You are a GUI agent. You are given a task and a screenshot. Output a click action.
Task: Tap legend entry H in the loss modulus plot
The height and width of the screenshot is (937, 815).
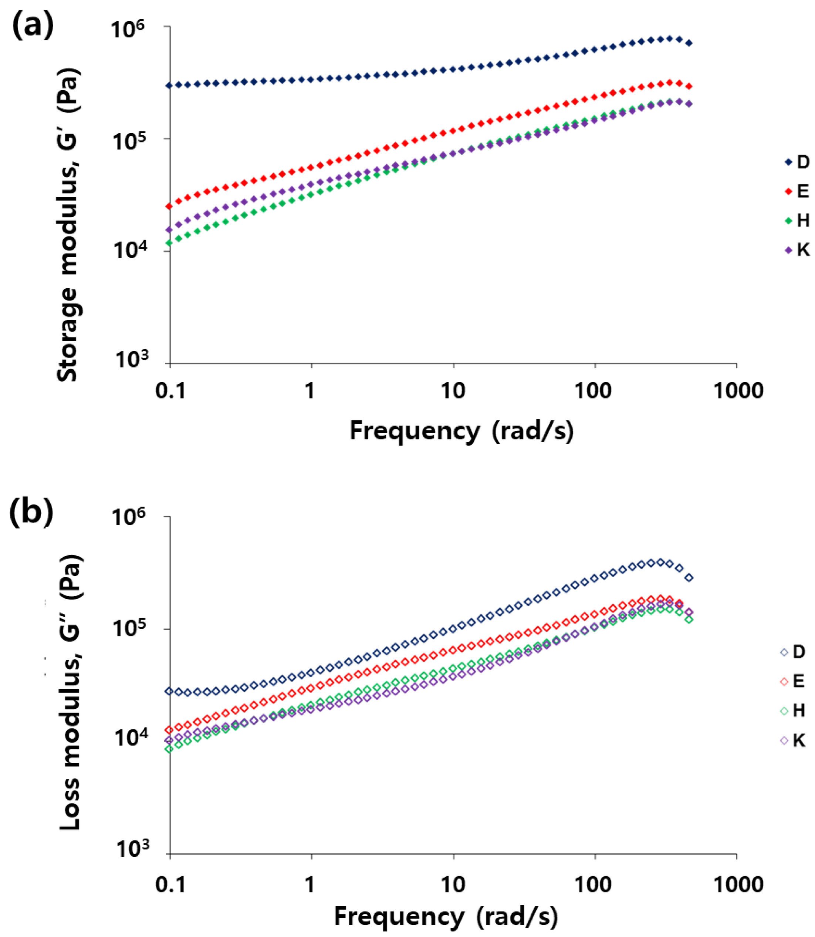[x=793, y=711]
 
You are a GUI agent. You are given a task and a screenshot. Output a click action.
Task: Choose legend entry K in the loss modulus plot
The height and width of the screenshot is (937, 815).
[x=793, y=740]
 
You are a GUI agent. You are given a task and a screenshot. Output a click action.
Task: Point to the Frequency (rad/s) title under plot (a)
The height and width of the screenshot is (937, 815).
[x=461, y=430]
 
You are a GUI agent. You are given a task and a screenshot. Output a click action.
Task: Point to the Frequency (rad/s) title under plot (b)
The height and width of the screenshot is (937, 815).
[x=446, y=916]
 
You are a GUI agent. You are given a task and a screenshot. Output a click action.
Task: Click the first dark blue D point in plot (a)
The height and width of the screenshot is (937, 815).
[x=169, y=85]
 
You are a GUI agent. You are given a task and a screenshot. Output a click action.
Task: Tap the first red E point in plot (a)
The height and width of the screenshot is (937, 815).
[x=169, y=206]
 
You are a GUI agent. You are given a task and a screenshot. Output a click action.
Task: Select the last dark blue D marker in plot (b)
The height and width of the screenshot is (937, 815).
[x=689, y=578]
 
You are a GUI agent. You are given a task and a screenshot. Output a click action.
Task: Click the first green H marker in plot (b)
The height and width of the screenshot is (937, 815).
[x=169, y=749]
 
